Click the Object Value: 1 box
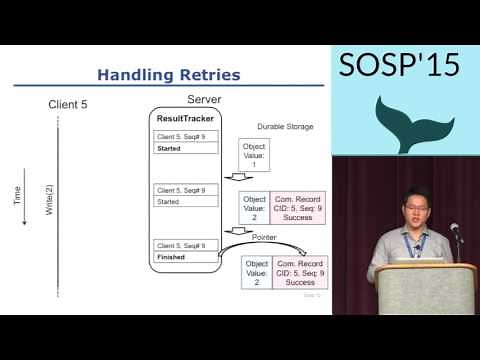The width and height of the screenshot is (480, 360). (x=255, y=155)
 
